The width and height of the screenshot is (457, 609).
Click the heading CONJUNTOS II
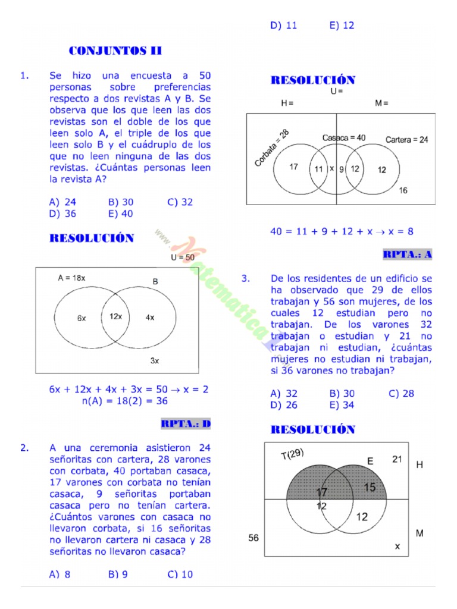click(x=115, y=51)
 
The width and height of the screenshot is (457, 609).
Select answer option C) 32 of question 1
click(x=180, y=202)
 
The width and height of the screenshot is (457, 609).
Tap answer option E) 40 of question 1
click(x=121, y=214)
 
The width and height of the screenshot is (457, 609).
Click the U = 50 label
click(x=182, y=258)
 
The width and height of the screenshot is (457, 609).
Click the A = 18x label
click(x=71, y=278)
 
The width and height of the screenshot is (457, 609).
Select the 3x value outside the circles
click(x=154, y=360)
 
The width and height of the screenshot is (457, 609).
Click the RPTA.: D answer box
click(x=186, y=423)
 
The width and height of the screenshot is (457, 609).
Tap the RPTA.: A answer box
click(x=408, y=255)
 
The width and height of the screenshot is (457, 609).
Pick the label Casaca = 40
click(x=344, y=137)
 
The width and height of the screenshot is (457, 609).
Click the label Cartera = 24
click(x=406, y=140)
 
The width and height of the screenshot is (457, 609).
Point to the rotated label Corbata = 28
click(x=271, y=148)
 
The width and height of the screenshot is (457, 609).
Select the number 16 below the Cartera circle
click(x=403, y=190)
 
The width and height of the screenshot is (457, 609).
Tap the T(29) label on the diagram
click(x=292, y=454)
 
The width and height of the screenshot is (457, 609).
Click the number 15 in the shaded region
click(x=370, y=488)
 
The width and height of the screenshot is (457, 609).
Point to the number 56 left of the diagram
click(x=253, y=538)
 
